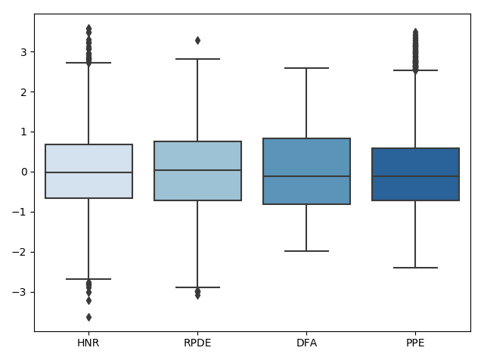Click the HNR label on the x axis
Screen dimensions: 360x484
click(x=88, y=343)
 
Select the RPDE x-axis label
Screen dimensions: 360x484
click(x=197, y=343)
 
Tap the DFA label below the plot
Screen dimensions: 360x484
click(x=306, y=343)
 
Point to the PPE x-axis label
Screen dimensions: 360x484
click(x=415, y=343)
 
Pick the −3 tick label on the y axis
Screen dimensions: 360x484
click(x=20, y=292)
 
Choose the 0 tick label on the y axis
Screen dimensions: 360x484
click(x=23, y=172)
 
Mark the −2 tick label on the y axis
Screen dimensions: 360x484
click(x=20, y=252)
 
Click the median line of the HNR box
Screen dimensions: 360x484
click(x=88, y=172)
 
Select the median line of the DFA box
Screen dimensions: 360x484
click(x=306, y=176)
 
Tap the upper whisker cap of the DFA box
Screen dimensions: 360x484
click(x=306, y=68)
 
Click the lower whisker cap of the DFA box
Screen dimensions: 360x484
click(x=306, y=251)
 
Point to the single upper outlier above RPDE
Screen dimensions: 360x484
click(x=197, y=40)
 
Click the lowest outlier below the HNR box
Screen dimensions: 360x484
click(x=88, y=317)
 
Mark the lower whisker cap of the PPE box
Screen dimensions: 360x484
click(x=415, y=268)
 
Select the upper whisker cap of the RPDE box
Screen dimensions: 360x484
click(x=197, y=59)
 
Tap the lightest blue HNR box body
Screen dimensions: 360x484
click(x=88, y=159)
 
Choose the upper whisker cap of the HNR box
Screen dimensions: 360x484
click(x=88, y=63)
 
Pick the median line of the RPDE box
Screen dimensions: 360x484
click(x=197, y=170)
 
